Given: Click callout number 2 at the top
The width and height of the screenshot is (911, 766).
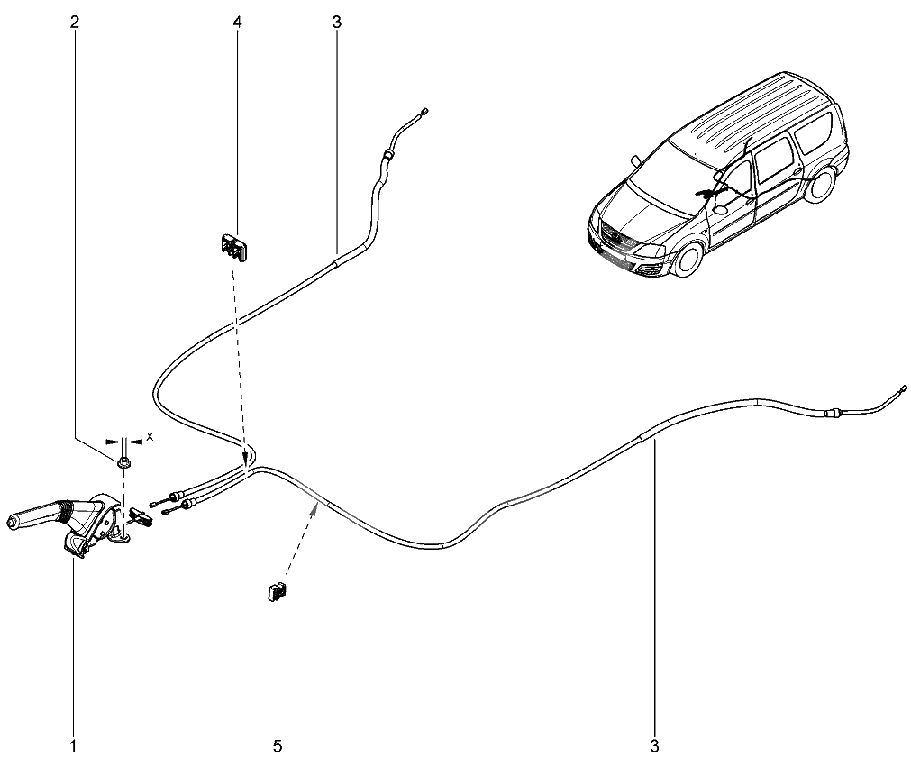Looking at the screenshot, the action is tap(74, 23).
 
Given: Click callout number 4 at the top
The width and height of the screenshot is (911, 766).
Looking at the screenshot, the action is tap(237, 23).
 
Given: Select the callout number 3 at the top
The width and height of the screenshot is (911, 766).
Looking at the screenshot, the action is tap(337, 23).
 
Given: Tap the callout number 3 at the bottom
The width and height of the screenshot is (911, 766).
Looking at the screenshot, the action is tap(655, 745).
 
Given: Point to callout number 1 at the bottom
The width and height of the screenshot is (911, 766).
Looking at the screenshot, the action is tap(73, 745).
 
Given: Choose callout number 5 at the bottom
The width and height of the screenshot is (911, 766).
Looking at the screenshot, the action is tap(278, 745).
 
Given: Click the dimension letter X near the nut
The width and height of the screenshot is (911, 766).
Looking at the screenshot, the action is tap(150, 436).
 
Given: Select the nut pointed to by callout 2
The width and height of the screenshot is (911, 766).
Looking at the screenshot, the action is tap(123, 463).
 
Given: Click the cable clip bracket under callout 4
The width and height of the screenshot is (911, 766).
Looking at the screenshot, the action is tap(233, 248).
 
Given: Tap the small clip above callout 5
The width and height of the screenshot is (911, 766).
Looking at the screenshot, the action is tap(278, 592).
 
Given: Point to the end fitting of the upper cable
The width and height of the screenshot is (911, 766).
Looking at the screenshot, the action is tap(425, 111).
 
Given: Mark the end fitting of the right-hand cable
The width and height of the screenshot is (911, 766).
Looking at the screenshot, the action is tap(903, 388).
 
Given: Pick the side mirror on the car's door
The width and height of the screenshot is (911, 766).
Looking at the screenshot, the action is tap(721, 209).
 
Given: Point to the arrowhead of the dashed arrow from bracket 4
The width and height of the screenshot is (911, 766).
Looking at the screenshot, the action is tap(246, 455).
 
